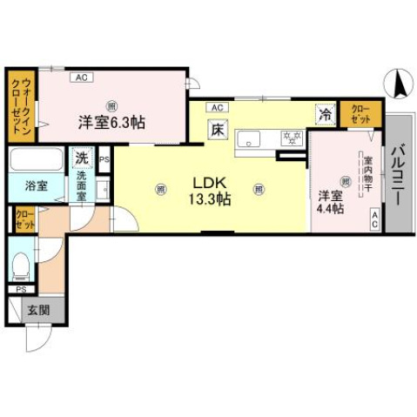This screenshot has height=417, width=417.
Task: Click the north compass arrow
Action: [x=400, y=84]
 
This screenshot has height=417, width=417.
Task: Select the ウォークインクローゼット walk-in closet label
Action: [x=17, y=105]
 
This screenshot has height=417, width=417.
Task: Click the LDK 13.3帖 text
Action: [x=210, y=191]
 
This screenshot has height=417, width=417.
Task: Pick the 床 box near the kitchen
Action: [x=216, y=131]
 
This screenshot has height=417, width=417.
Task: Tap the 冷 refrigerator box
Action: [x=325, y=113]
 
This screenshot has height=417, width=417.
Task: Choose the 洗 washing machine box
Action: [x=81, y=158]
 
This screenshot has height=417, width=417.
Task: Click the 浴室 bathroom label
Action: [x=24, y=186]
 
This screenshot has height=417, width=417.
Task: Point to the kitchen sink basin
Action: [x=251, y=138]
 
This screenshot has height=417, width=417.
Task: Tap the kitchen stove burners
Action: [x=292, y=138]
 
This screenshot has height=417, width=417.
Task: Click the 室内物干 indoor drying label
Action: [x=368, y=173]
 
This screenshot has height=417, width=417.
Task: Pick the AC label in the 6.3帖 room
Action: [x=79, y=77]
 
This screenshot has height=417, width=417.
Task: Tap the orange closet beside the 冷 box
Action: [x=359, y=112]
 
